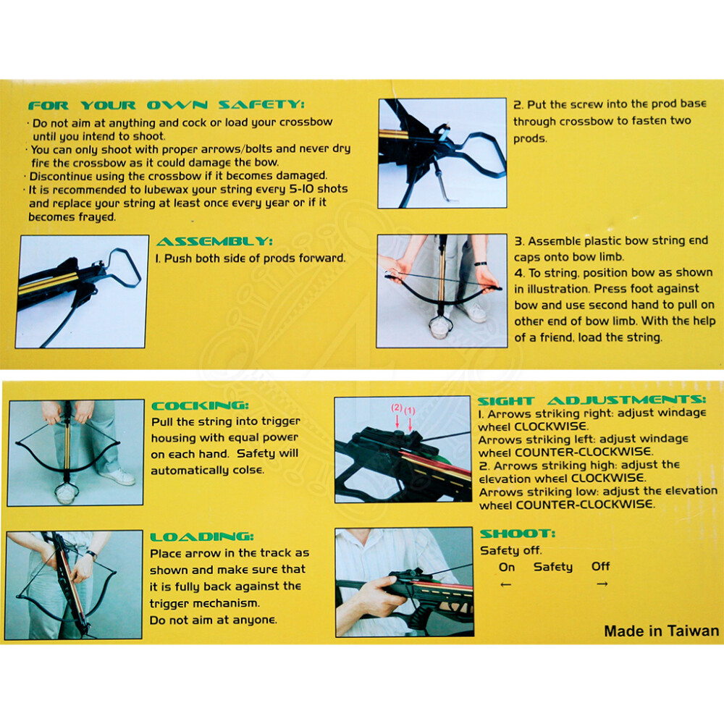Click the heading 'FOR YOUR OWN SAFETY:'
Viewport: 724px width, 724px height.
click(166, 105)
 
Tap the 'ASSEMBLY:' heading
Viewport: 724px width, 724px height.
click(214, 242)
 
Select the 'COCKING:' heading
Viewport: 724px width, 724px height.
click(200, 406)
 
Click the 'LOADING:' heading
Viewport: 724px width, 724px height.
click(202, 536)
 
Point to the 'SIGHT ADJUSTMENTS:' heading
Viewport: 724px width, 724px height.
click(592, 400)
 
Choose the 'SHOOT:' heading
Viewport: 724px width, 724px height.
click(517, 534)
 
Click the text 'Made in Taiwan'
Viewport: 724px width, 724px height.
click(661, 631)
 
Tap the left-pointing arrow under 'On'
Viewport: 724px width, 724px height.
click(506, 584)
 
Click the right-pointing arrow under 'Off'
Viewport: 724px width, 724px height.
click(602, 584)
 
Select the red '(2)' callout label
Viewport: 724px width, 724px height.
click(397, 408)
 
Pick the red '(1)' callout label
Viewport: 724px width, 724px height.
click(410, 410)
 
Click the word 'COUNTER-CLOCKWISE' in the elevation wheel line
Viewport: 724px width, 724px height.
click(584, 505)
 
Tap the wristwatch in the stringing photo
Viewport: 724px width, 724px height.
click(481, 264)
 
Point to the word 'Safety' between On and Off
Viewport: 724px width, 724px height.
click(552, 567)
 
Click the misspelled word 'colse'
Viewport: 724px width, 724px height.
click(248, 471)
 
